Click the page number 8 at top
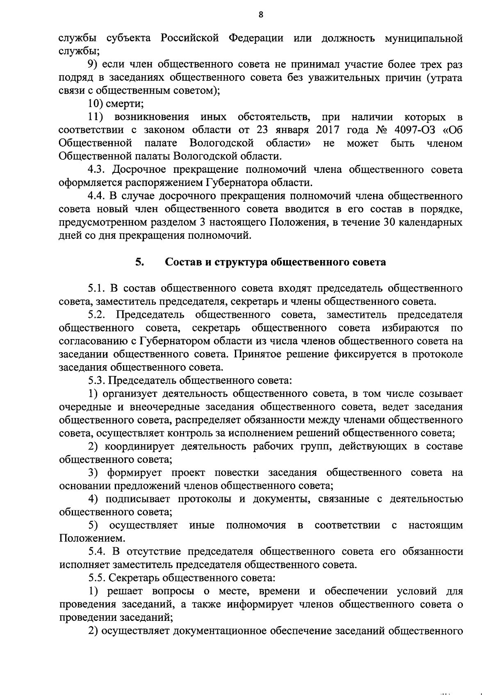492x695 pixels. point(261,15)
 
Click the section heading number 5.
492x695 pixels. point(139,262)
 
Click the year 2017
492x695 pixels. point(328,130)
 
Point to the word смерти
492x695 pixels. point(122,104)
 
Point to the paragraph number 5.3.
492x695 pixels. point(97,380)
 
